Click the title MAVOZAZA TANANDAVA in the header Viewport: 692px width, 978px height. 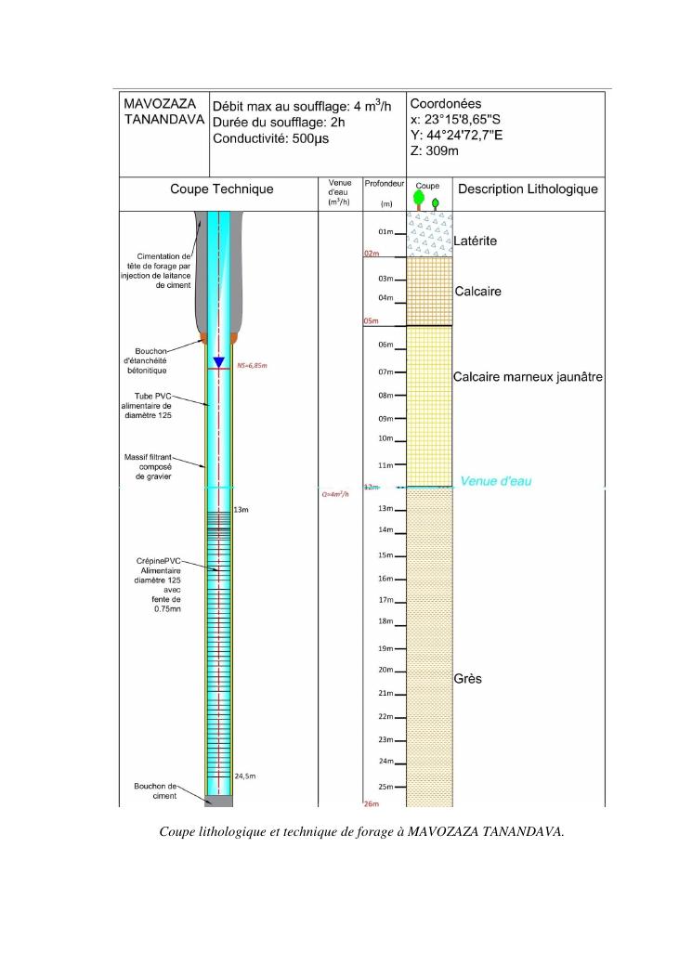tap(162, 113)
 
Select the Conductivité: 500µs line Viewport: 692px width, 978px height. tap(270, 139)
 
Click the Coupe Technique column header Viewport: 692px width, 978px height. tap(221, 189)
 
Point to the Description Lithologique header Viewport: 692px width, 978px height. tap(526, 189)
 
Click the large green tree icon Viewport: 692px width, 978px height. tap(419, 198)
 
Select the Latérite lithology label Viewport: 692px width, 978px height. tap(476, 241)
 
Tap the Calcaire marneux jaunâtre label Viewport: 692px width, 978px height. tap(528, 377)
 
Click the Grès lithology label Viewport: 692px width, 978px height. tap(467, 679)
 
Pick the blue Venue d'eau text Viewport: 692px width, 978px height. tap(495, 481)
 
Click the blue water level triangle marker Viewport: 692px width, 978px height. tap(218, 362)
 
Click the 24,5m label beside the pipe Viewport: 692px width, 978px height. tap(244, 776)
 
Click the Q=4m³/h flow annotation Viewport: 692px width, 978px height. tap(335, 494)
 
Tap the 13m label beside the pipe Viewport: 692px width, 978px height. tap(242, 511)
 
